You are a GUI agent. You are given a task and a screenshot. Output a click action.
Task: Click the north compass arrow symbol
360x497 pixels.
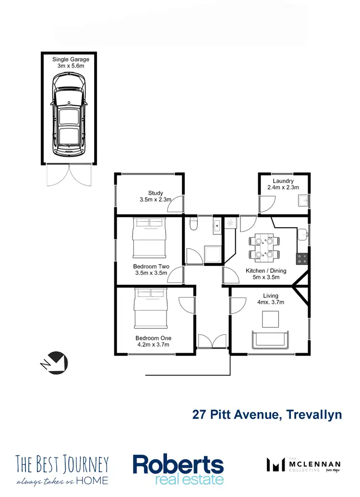tap(55, 361)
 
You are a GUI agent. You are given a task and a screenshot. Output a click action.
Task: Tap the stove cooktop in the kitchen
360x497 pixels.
tap(302, 258)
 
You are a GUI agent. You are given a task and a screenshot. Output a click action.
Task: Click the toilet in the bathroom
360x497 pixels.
tap(193, 224)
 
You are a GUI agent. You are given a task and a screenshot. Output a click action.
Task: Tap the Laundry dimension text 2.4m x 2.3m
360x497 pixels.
tap(283, 188)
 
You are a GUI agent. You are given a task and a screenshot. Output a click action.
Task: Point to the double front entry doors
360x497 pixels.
tap(212, 341)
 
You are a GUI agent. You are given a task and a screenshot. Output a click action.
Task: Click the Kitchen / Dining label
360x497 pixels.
tap(266, 271)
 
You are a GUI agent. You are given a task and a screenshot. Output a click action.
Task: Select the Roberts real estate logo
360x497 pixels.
tap(178, 469)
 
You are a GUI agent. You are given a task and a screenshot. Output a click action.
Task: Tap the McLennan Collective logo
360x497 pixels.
tap(304, 465)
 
